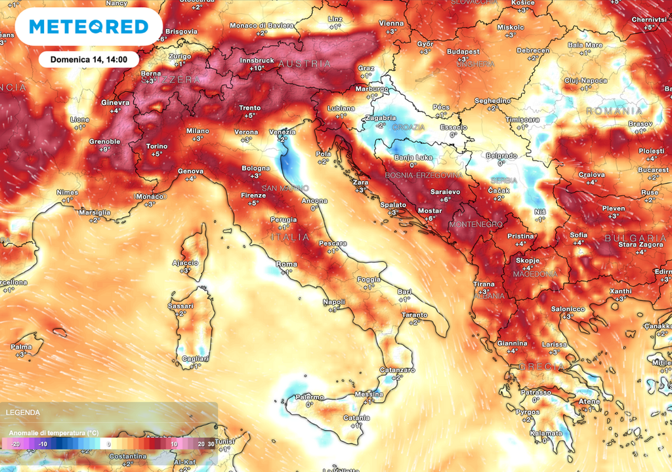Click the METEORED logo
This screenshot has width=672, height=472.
click(x=88, y=27)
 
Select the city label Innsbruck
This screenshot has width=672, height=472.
click(x=257, y=60)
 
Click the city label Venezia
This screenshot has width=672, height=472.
click(x=282, y=132)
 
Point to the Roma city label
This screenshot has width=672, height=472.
click(x=287, y=264)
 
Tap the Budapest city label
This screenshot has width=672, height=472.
click(x=463, y=51)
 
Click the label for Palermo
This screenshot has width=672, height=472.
click(x=309, y=397)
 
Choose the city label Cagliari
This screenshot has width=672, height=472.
click(x=195, y=359)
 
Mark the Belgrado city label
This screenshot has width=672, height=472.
click(x=501, y=155)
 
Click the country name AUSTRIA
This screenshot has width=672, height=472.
click(x=305, y=64)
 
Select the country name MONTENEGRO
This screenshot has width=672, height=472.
click(x=475, y=224)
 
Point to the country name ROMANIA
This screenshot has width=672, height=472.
click(x=614, y=111)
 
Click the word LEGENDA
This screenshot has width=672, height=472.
click(x=22, y=412)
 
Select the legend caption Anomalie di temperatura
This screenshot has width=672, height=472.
click(x=54, y=433)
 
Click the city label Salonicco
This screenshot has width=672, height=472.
click(x=568, y=309)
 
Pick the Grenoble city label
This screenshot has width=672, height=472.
click(x=105, y=142)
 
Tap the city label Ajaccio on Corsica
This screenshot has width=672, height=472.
click(x=185, y=263)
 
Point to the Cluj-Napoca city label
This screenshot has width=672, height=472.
click(x=586, y=81)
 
